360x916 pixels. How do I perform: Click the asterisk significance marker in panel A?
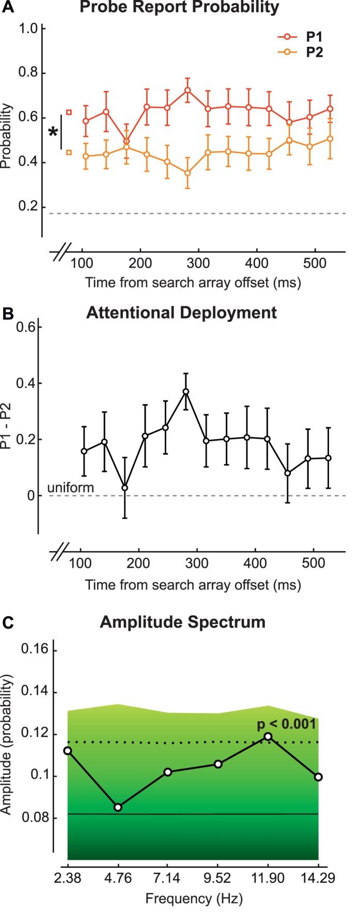pyautogui.click(x=53, y=133)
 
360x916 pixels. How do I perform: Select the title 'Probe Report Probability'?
pyautogui.click(x=183, y=7)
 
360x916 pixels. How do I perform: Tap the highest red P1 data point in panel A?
pyautogui.click(x=187, y=90)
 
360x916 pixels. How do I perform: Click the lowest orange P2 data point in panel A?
pyautogui.click(x=187, y=173)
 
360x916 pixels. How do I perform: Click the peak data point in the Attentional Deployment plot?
pyautogui.click(x=186, y=392)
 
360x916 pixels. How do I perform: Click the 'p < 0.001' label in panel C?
pyautogui.click(x=286, y=724)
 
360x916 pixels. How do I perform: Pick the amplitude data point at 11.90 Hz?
pyautogui.click(x=268, y=736)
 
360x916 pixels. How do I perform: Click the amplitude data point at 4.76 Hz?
pyautogui.click(x=118, y=807)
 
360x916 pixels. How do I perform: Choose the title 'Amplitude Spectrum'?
pyautogui.click(x=182, y=622)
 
